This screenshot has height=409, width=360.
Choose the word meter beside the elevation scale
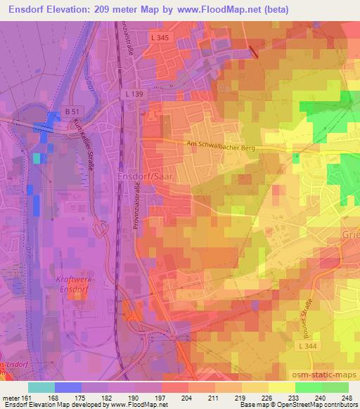click(x=13, y=398)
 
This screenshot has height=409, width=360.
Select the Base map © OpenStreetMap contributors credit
click(x=298, y=405)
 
